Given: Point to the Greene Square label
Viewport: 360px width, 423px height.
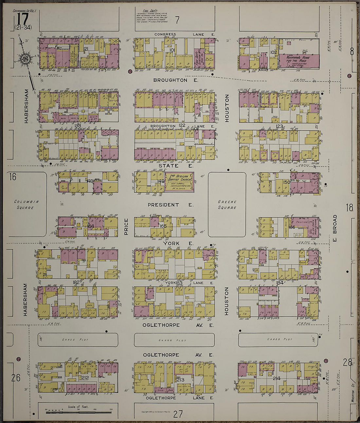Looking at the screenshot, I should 227,204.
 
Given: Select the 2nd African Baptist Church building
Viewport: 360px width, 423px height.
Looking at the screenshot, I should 179,182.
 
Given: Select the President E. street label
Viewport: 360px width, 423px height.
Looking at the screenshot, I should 170,205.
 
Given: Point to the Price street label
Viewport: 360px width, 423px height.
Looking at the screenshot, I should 126,227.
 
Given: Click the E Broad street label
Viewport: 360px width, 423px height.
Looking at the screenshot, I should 334,228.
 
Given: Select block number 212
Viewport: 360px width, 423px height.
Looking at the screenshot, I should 85,378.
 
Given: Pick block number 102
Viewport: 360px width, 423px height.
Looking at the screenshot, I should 274,52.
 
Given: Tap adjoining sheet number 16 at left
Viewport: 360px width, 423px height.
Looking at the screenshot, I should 12,177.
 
